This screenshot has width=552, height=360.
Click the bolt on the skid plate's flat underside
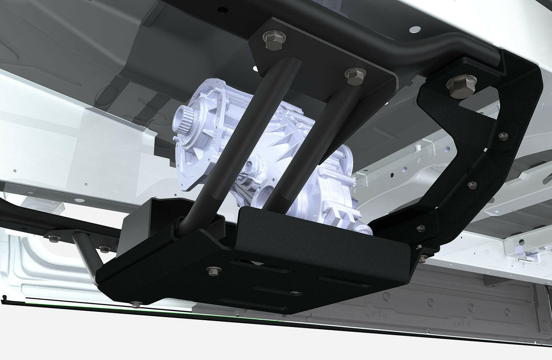pyautogui.click(x=212, y=270)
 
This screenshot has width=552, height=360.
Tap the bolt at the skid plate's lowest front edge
pyautogui.click(x=134, y=304)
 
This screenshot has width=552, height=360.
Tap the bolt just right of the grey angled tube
pyautogui.click(x=103, y=249)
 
